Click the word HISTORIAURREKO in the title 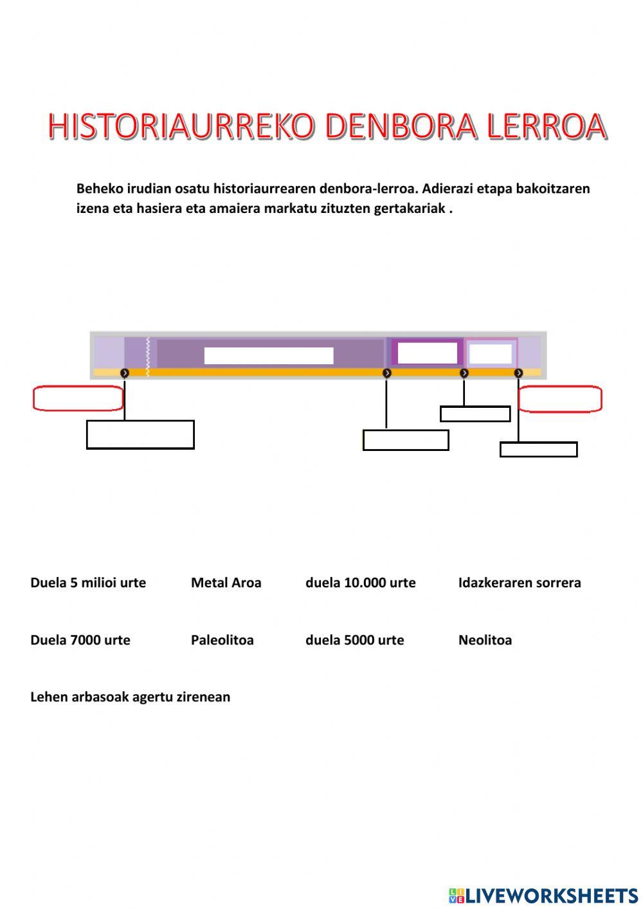click(181, 126)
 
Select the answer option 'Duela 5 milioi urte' click(88, 583)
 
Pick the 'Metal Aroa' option click(226, 583)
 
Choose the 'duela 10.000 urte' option click(360, 583)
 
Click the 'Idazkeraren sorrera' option click(520, 583)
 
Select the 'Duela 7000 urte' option click(80, 640)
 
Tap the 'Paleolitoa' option click(222, 640)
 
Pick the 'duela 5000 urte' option click(354, 640)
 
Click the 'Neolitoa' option click(485, 640)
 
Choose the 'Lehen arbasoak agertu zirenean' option click(131, 697)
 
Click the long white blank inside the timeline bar click(269, 356)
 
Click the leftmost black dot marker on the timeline click(125, 373)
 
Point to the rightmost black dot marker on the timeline click(518, 373)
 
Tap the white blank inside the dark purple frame click(427, 353)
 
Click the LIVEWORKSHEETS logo click(543, 895)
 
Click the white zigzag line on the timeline click(148, 356)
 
